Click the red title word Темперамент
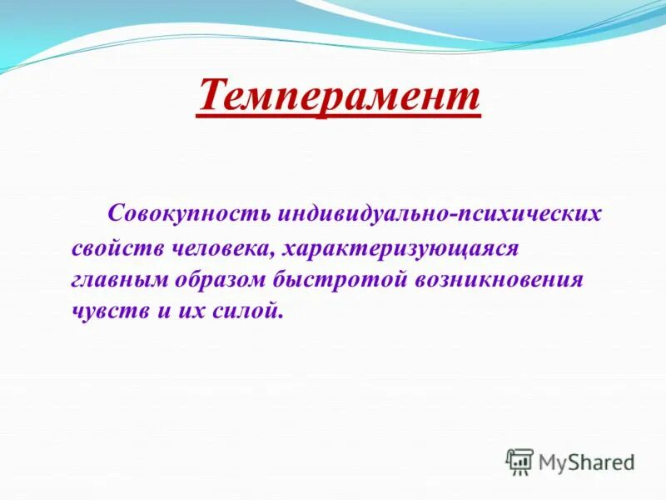coord(339,96)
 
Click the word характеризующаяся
coord(400,248)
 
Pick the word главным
coord(119,279)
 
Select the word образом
coord(221,279)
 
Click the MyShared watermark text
coord(586,461)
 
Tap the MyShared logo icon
coord(519,461)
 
